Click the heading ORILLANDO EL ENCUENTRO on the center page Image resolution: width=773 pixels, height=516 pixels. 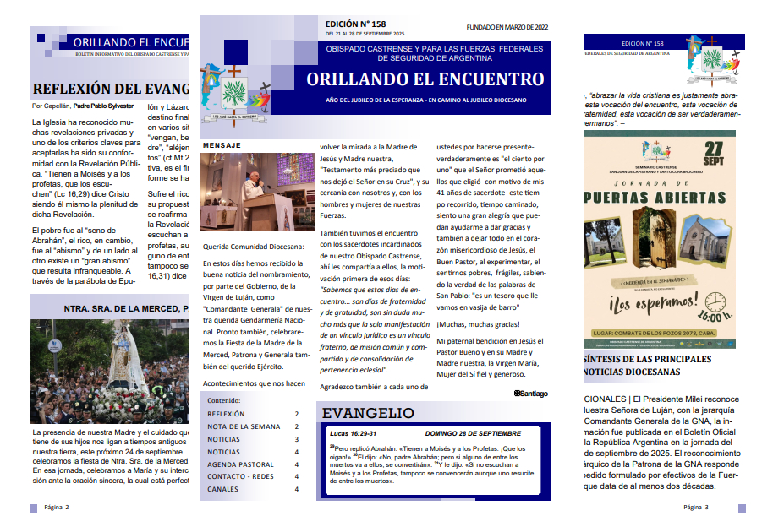(x=425, y=80)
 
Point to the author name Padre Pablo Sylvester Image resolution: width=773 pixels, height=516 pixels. (x=105, y=106)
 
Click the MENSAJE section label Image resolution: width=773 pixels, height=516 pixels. (x=222, y=145)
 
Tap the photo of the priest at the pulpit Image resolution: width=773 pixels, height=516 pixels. (x=257, y=192)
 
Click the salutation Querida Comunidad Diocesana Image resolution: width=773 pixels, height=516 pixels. (x=253, y=247)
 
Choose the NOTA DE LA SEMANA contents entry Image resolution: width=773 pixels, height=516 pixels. (x=244, y=426)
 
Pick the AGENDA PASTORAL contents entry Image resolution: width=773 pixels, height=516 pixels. (x=240, y=464)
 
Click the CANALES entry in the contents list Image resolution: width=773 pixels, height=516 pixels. (x=223, y=489)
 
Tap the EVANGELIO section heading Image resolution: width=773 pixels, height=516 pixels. (x=368, y=413)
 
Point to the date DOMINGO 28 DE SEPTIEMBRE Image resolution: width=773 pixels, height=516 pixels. (x=473, y=432)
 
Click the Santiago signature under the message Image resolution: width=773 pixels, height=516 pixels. (x=530, y=393)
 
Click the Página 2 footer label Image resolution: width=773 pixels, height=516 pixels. (x=57, y=507)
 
